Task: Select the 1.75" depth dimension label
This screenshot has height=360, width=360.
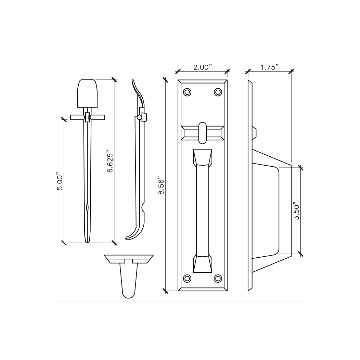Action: coord(268,67)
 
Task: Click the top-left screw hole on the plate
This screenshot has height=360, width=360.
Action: coord(187,92)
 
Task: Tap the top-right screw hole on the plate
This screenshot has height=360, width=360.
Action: coord(218,92)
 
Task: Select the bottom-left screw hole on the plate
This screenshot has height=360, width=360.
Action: coord(187,278)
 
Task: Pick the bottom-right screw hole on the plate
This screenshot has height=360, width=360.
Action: coord(218,278)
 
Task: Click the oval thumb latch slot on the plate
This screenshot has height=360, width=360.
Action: coord(202,132)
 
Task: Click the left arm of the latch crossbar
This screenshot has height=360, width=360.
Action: coord(77,117)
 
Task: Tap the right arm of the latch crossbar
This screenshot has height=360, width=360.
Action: coord(97,117)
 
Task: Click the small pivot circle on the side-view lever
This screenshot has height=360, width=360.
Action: coord(139,117)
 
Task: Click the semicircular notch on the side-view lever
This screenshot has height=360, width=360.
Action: coord(144,207)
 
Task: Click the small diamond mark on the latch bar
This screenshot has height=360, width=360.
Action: coord(87,207)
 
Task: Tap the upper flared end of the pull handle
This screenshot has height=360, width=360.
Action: coord(202,157)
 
